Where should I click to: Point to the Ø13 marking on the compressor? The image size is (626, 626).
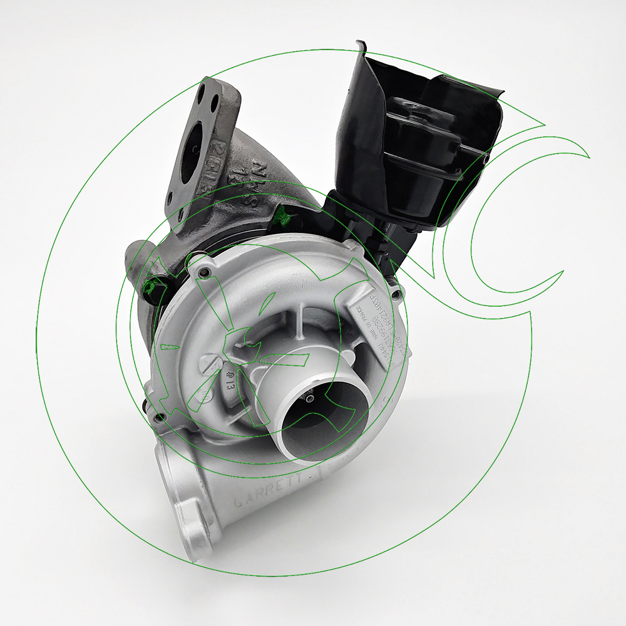click(226, 381)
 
